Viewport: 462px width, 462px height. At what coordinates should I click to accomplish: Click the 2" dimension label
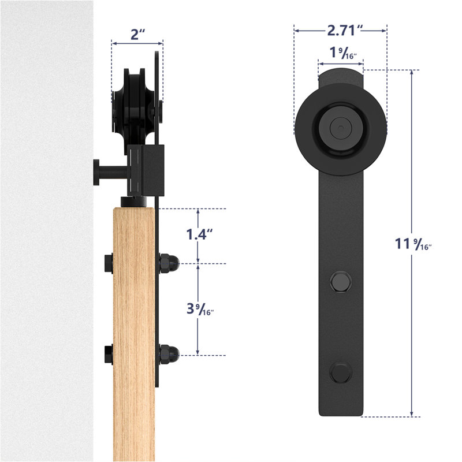pos(137,34)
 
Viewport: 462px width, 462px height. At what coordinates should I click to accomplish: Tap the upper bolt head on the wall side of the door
pos(108,264)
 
